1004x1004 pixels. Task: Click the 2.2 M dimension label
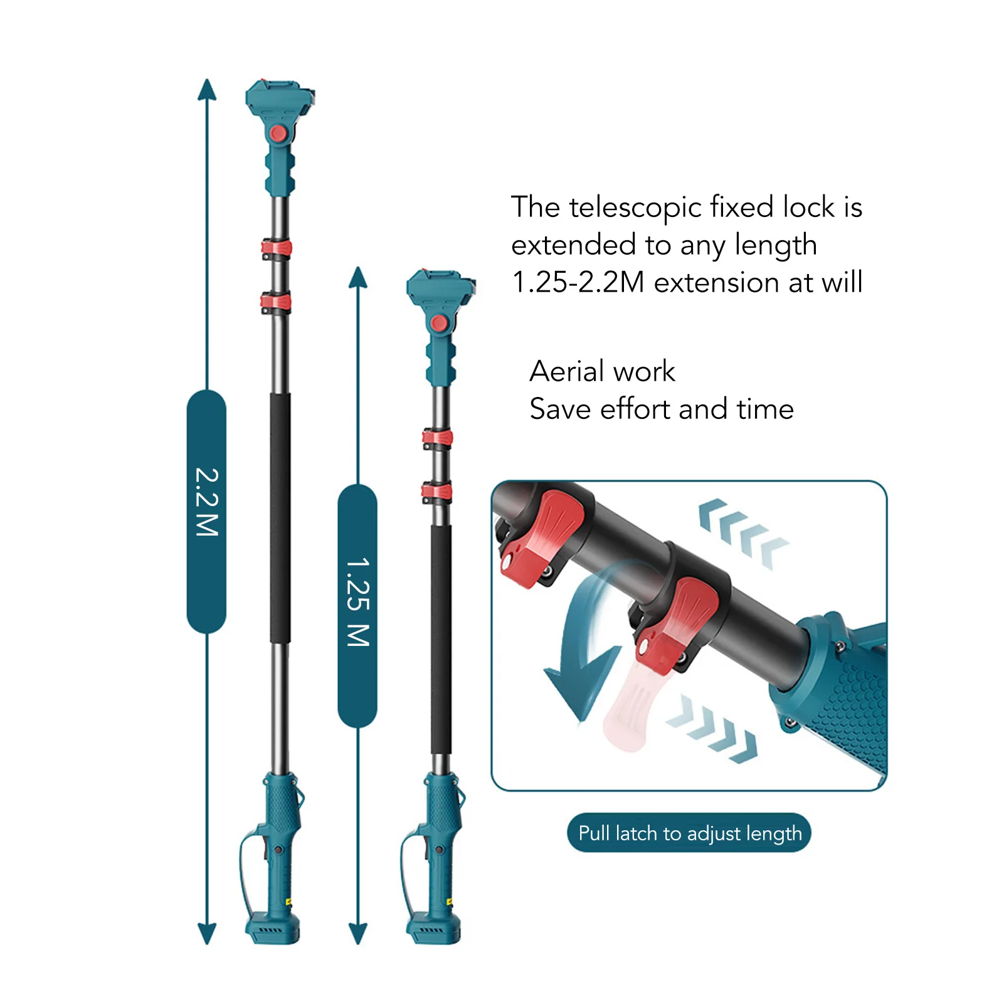(x=206, y=502)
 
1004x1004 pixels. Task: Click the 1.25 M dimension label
(x=357, y=602)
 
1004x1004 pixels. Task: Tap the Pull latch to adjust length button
(x=689, y=833)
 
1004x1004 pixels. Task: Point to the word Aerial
(x=567, y=371)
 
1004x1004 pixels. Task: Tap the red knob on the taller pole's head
(x=278, y=134)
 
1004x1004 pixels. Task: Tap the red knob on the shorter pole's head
(x=439, y=324)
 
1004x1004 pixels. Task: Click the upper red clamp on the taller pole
(x=277, y=248)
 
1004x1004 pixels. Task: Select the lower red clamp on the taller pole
(x=276, y=303)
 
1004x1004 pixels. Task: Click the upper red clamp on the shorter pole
(x=437, y=438)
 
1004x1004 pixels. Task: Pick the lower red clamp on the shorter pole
(x=436, y=492)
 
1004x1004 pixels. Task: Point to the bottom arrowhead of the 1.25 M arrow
(x=357, y=933)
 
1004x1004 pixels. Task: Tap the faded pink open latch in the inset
(x=630, y=709)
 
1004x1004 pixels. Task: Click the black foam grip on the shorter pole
(x=441, y=640)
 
